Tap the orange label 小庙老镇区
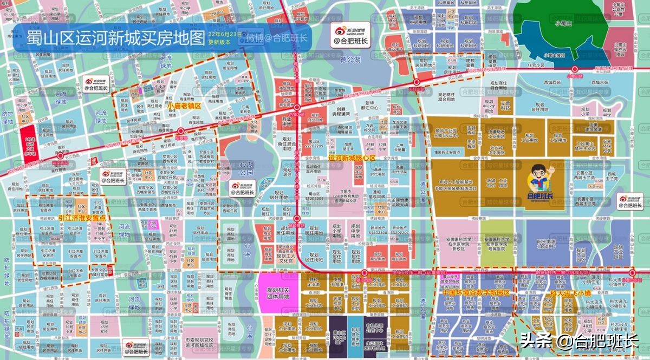click(184, 106)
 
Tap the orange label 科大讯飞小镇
click(569, 292)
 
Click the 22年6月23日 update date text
click(225, 34)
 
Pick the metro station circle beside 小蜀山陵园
click(575, 69)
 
